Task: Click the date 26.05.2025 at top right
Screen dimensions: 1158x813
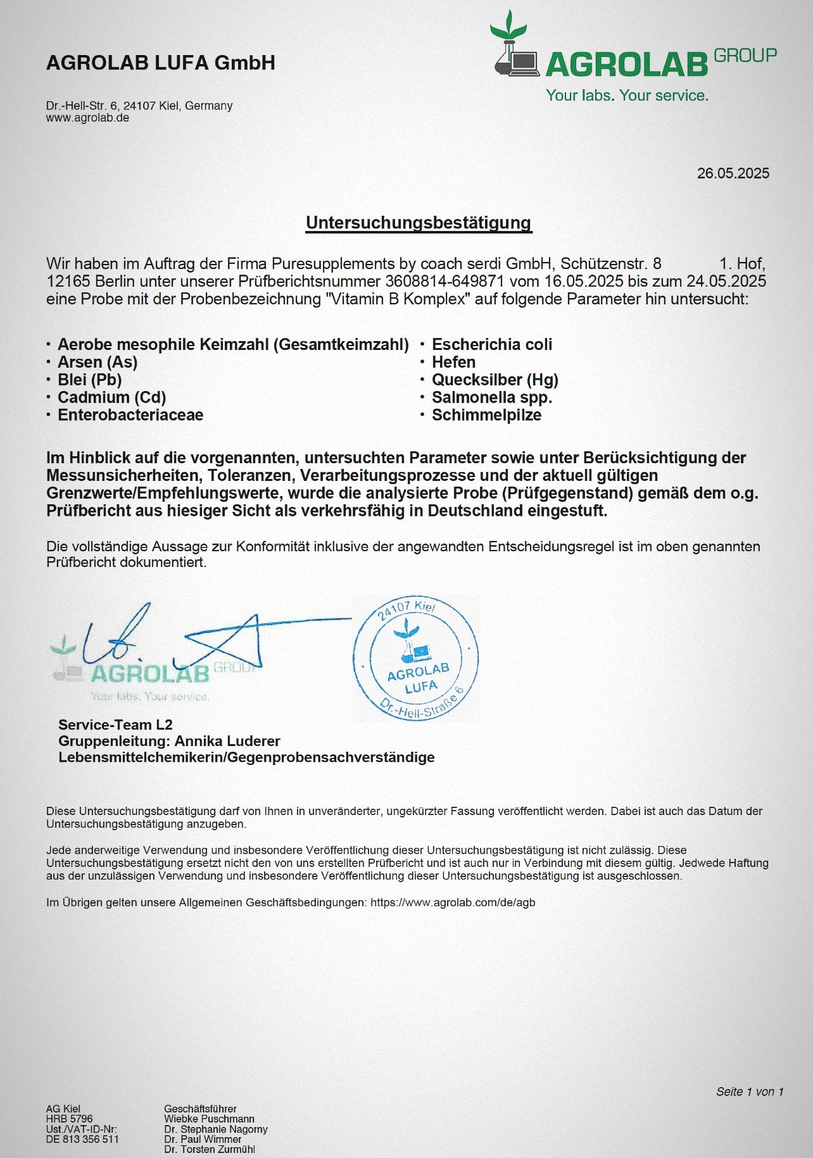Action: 733,173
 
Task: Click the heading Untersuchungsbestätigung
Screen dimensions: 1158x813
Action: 419,223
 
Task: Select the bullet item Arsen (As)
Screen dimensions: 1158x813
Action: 98,362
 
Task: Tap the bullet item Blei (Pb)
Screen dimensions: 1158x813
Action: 89,380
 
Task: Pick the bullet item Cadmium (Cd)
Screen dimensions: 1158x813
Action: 111,397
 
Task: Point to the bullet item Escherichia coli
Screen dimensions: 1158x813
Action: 491,344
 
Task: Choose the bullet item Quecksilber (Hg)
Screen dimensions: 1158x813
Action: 495,380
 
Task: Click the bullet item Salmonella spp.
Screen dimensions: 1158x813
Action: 491,397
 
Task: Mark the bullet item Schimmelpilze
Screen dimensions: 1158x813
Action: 486,415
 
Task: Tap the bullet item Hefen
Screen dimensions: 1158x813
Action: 453,362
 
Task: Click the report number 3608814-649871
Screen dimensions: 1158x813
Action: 444,281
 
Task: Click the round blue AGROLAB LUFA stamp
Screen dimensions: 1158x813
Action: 415,659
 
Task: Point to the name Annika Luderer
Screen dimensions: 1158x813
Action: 227,741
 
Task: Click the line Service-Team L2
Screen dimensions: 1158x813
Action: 115,725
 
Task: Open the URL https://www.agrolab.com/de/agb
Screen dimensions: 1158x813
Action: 453,902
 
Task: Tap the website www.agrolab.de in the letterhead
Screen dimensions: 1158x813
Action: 87,118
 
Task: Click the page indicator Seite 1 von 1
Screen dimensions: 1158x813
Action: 750,1092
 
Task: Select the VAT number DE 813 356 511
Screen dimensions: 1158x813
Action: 82,1139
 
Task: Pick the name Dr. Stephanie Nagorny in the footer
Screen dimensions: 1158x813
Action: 216,1129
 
